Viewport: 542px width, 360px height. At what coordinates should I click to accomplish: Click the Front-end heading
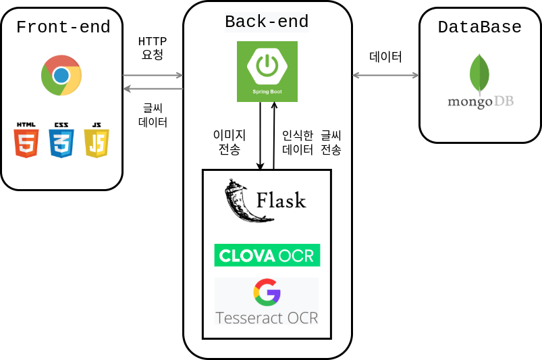click(63, 27)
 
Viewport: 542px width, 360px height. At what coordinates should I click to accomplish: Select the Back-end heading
click(267, 22)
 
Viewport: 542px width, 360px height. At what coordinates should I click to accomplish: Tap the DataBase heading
click(479, 27)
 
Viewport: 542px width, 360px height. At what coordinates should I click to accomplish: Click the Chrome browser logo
click(61, 75)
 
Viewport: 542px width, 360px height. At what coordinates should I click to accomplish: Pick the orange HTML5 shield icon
click(26, 140)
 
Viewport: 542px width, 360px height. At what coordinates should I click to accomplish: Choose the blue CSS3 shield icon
click(61, 140)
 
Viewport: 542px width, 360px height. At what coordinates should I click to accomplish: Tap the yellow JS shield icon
click(97, 140)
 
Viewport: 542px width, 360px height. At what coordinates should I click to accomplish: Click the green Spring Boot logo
click(267, 72)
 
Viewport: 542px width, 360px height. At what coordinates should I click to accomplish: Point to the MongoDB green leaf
click(479, 73)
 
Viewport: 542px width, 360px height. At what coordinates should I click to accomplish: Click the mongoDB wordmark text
click(481, 102)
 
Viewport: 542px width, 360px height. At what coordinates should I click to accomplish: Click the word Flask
click(281, 201)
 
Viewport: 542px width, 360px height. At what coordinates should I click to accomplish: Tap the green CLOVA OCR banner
click(267, 255)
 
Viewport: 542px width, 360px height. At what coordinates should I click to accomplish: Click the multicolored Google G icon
click(267, 292)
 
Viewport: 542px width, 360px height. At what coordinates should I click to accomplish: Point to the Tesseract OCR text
click(267, 317)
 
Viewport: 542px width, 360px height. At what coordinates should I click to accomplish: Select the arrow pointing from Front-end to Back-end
click(153, 75)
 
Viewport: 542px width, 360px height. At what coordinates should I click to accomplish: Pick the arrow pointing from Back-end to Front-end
click(153, 88)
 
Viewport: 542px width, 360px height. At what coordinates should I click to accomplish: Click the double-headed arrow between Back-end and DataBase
click(385, 75)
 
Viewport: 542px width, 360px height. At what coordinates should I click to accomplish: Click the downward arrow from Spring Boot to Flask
click(261, 135)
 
